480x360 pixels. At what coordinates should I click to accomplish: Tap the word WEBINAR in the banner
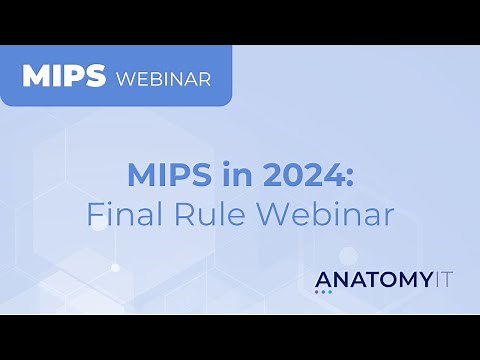(x=164, y=78)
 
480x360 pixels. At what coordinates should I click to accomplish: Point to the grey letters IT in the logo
(x=438, y=278)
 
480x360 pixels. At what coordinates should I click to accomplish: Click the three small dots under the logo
(x=323, y=292)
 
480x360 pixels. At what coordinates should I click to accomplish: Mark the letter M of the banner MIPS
(x=34, y=77)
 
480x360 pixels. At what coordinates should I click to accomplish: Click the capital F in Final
(x=93, y=213)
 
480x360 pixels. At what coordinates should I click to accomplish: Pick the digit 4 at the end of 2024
(x=332, y=176)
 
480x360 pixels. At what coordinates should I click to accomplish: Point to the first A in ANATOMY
(x=322, y=278)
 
